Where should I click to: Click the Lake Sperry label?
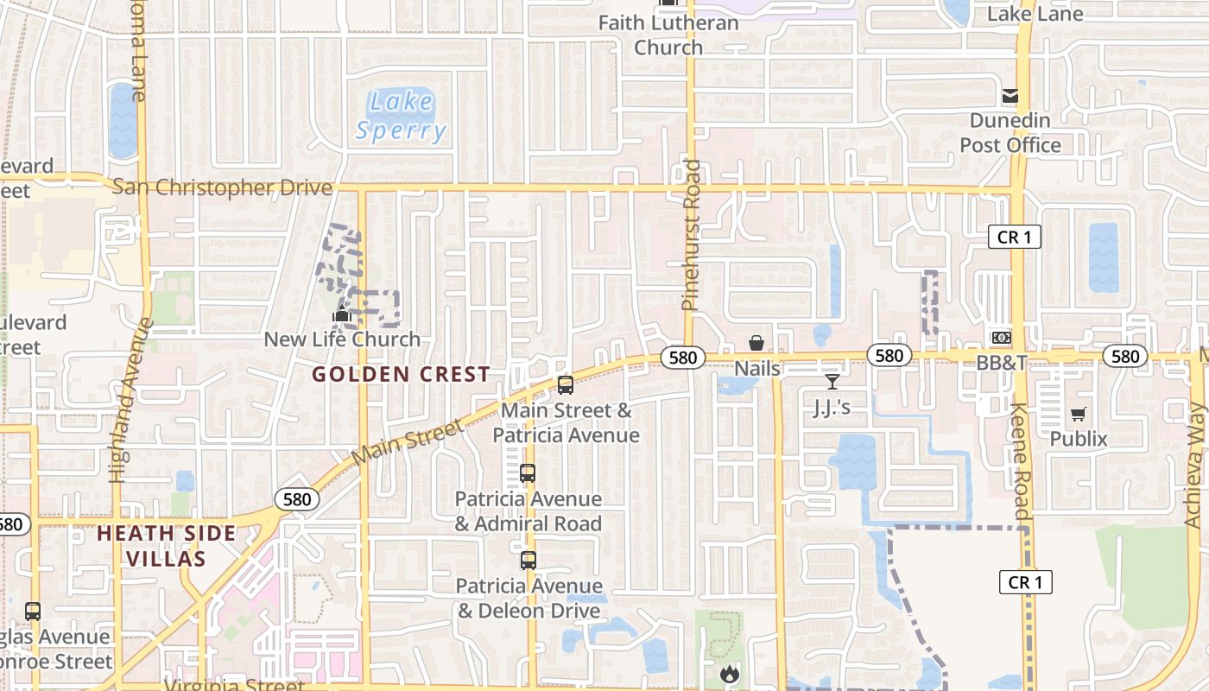coord(402,116)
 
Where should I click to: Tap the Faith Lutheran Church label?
coord(669,35)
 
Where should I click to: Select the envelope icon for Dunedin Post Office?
coord(1010,96)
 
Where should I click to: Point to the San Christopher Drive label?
coord(222,187)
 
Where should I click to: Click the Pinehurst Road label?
coord(691,234)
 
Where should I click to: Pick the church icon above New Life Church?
coord(343,315)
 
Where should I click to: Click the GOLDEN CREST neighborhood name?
coord(401,375)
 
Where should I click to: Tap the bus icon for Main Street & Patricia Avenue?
coord(566,385)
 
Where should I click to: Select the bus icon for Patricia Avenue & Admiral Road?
coord(528,473)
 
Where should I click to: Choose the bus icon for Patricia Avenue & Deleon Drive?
coord(529,561)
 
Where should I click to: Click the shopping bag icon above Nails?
coord(756,343)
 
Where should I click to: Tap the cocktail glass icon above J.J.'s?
coord(832,381)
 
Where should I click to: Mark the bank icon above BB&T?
coord(1002,338)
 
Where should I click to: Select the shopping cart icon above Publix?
coord(1078,415)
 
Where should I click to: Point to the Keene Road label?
coord(1020,461)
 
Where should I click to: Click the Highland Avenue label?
coord(124,400)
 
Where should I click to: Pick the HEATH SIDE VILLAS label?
coord(167,545)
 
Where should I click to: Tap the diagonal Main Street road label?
coord(408,440)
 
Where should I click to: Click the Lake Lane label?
coord(1035,13)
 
